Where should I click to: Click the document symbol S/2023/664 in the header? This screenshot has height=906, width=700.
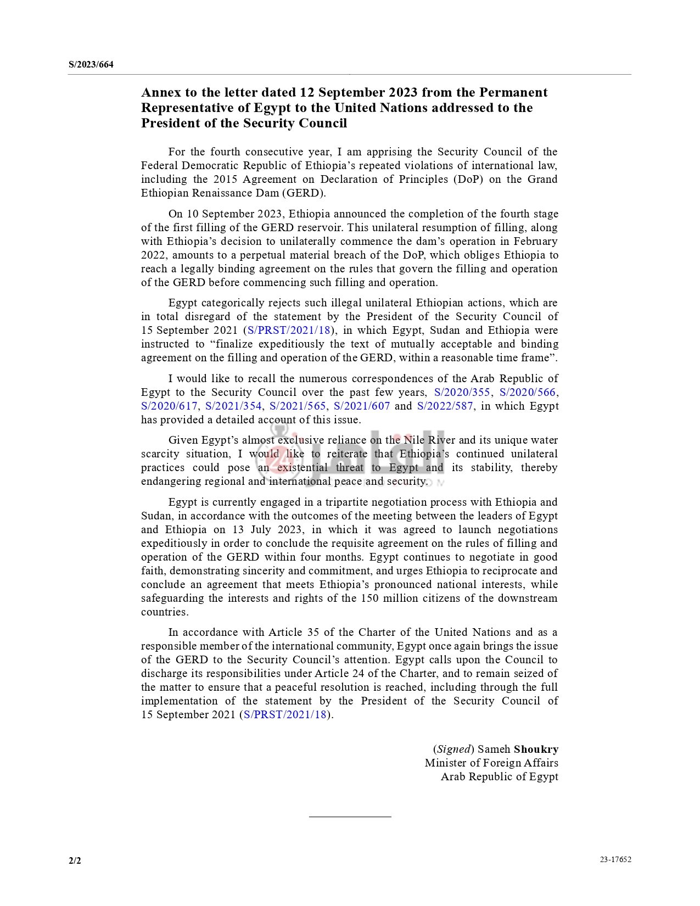pos(91,65)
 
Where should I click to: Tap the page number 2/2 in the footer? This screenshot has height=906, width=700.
pos(75,860)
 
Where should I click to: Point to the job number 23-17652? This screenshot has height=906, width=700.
pos(615,859)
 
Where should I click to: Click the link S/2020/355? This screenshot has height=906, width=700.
pos(462,392)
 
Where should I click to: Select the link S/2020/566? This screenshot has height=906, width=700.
pos(527,392)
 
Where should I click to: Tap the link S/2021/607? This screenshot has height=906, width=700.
pos(362,406)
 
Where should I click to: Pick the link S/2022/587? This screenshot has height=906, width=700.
pos(445,406)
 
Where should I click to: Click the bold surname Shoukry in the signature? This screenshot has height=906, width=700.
pos(536,749)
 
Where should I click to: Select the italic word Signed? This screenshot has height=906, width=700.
pos(453,749)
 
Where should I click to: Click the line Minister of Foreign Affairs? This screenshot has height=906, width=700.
pos(491,763)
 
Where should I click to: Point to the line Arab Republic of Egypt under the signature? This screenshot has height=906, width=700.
pos(499,776)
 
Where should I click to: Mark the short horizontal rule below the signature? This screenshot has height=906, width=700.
pos(350,816)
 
